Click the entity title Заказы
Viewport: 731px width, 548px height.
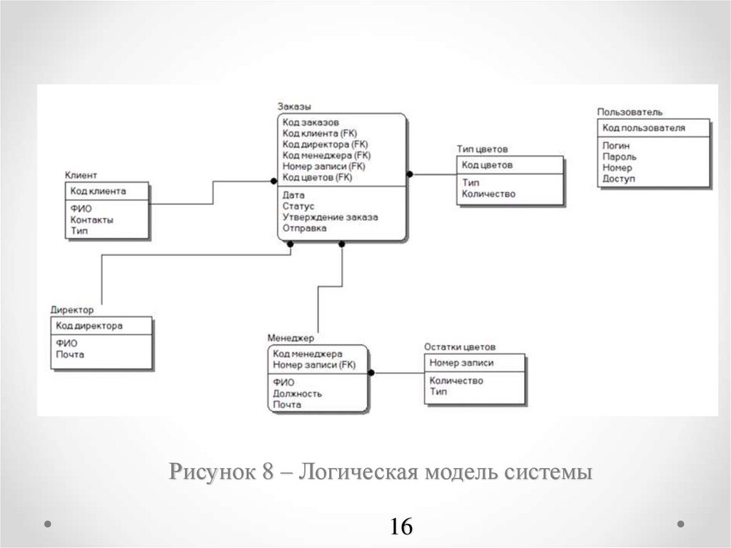[x=294, y=106]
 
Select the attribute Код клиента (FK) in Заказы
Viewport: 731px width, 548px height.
[x=319, y=133]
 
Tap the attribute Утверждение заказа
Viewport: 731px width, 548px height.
[x=330, y=217]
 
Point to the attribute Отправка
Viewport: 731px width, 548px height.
[x=304, y=229]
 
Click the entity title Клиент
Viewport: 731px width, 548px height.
[x=81, y=175]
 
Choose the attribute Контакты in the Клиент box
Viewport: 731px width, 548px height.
[x=92, y=220]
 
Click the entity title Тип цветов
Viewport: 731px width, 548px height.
[x=482, y=149]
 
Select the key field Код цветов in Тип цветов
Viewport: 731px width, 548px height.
[x=487, y=165]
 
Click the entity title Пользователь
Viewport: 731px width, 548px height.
[x=630, y=112]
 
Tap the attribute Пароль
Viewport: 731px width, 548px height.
[x=620, y=156]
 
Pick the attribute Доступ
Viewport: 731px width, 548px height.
[x=618, y=179]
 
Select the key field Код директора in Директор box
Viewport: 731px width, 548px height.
[x=89, y=326]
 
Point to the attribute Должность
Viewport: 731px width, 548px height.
[x=297, y=393]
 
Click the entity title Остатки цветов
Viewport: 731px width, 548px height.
[x=459, y=347]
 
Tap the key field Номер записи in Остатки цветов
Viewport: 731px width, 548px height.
[x=461, y=362]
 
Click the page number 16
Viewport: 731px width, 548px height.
[x=401, y=527]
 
